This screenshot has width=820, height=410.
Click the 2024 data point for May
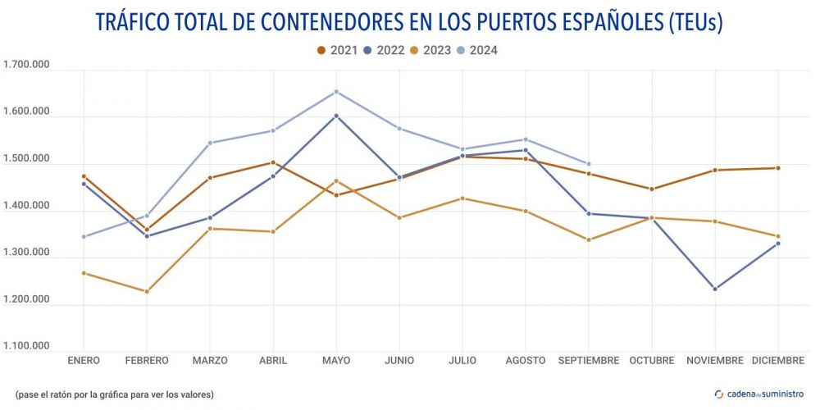pos(336,92)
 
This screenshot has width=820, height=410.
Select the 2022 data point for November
pos(715,289)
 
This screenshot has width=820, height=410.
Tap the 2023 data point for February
pos(147,291)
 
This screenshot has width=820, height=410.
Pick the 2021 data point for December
pos(778,168)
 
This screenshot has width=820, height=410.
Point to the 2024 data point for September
pos(589,164)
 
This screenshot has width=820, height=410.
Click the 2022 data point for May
pos(336,116)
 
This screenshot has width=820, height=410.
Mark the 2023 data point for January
pos(84,273)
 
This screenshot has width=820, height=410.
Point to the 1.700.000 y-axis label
pos(27,65)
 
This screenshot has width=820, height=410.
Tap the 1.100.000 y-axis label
pos(27,346)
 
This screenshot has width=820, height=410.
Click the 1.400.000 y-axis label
pos(27,206)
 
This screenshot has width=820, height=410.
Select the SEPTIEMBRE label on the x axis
pos(589,361)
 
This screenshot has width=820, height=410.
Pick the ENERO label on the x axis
pos(84,361)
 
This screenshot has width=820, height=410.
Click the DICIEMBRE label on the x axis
pos(778,361)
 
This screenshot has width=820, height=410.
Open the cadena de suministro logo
pos(759,394)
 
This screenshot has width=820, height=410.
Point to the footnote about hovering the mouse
pos(114,394)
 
